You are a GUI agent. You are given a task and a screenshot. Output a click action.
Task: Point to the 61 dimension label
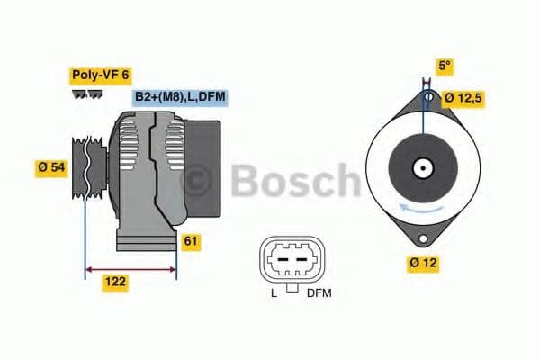191,241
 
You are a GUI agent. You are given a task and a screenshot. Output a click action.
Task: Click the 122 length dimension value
115,283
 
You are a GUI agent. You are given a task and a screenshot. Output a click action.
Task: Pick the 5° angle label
444,66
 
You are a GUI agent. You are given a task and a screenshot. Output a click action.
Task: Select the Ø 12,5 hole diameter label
468,97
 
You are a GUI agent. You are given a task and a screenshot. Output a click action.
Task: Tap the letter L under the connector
274,293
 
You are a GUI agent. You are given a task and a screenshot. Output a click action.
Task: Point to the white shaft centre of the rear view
421,168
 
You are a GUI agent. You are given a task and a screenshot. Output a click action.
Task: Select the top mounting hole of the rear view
428,96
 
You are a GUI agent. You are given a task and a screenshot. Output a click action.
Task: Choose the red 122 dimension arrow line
130,268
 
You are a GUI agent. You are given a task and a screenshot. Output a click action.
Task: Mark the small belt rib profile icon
85,94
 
